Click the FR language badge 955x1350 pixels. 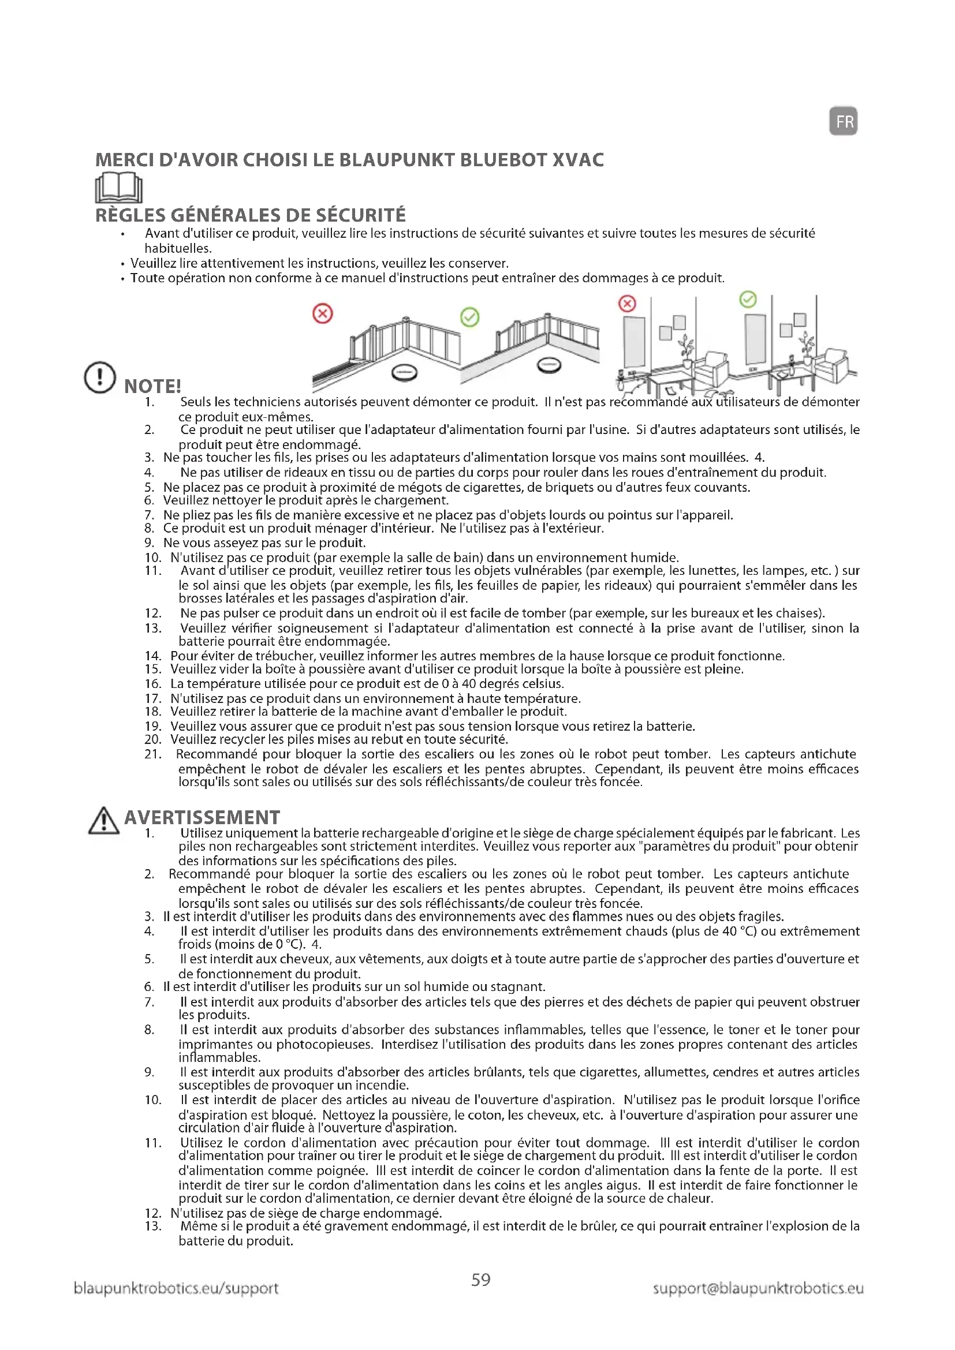843,121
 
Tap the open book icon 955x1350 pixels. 119,188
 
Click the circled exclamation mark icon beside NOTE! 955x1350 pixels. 100,377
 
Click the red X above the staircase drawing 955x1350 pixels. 322,313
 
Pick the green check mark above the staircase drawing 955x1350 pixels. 469,317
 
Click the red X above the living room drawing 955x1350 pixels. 628,304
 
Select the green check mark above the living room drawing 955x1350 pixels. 747,300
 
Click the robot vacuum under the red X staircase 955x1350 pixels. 405,372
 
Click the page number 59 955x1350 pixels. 480,1280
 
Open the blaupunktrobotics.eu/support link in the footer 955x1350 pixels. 176,1288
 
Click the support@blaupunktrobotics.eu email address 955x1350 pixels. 758,1288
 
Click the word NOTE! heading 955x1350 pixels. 152,386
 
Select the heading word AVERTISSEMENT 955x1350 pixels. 202,817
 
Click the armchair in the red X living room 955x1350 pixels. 711,367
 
